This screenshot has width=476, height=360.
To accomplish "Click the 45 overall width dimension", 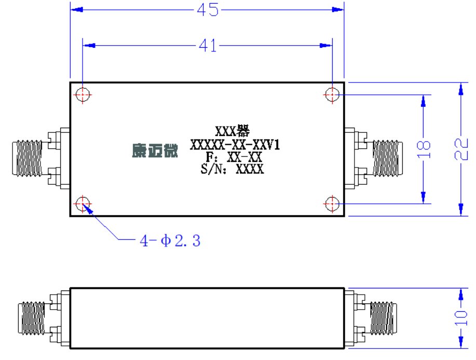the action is click(208, 10).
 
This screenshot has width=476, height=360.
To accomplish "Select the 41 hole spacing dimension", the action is click(208, 46).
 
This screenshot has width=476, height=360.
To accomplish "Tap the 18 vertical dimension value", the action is click(424, 149).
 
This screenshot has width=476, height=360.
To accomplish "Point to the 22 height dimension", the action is click(461, 149).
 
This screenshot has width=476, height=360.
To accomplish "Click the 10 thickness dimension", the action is click(461, 317).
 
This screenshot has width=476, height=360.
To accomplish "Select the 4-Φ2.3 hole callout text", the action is click(170, 241).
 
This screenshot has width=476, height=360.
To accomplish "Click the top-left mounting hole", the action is click(83, 94).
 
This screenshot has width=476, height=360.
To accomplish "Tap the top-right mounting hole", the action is click(332, 94).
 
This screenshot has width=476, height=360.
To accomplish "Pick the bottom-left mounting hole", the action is click(83, 203).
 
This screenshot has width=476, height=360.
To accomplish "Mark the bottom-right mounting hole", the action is click(332, 203).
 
